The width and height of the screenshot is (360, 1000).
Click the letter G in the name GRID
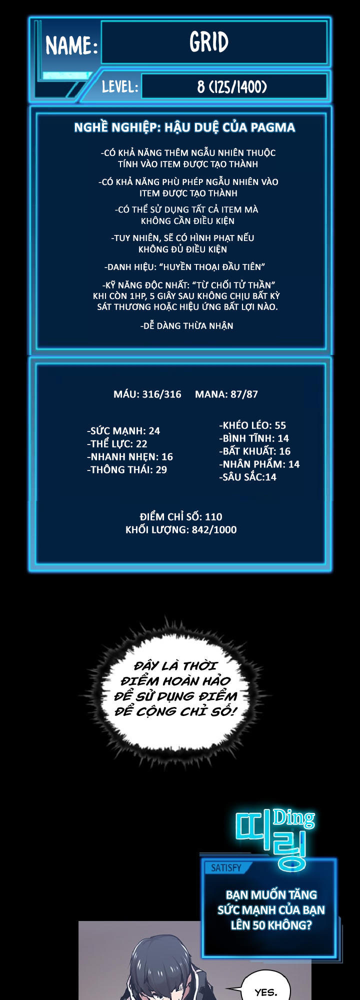194,42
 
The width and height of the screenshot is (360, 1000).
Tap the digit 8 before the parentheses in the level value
201,87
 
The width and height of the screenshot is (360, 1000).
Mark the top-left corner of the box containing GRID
101,21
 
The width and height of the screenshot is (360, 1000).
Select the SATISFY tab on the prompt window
226,868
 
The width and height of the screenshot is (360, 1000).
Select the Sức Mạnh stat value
154,431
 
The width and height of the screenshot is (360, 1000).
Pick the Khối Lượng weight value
214,530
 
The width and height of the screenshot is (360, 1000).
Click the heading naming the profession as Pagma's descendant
184,128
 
